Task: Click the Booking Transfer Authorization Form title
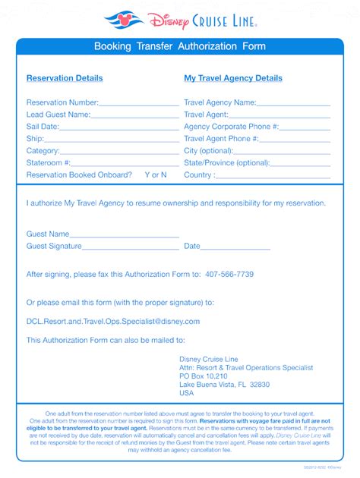click(180, 47)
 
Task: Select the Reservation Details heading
click(65, 78)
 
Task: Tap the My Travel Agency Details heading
click(232, 78)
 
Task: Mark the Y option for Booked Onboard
click(147, 175)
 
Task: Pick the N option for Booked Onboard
click(164, 175)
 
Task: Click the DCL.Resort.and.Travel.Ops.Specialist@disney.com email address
click(113, 322)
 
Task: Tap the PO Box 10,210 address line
click(203, 375)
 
